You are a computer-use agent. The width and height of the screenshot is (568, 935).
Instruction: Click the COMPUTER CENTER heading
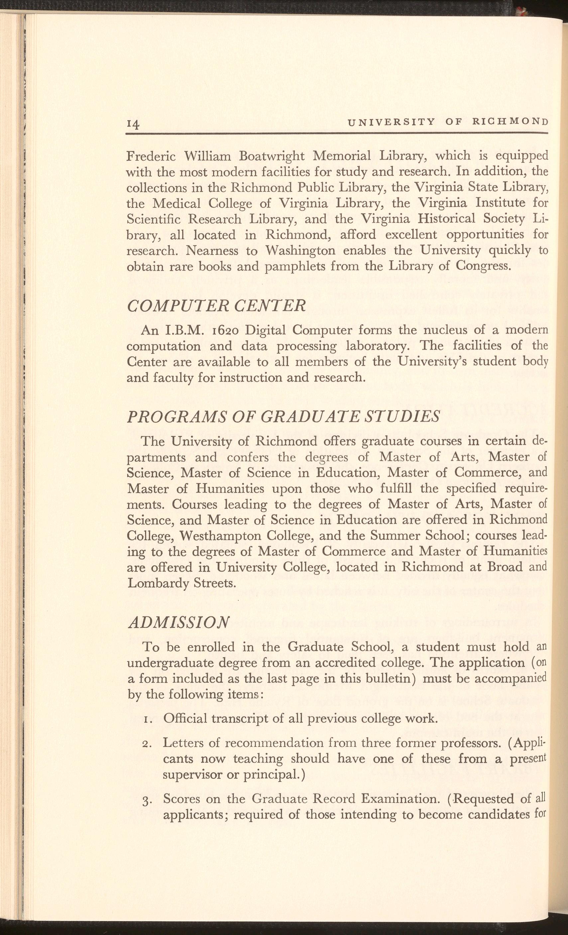216,305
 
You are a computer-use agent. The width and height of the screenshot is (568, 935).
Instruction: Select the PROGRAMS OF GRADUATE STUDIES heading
283,417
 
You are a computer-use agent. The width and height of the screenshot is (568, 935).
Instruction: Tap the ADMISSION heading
178,622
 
